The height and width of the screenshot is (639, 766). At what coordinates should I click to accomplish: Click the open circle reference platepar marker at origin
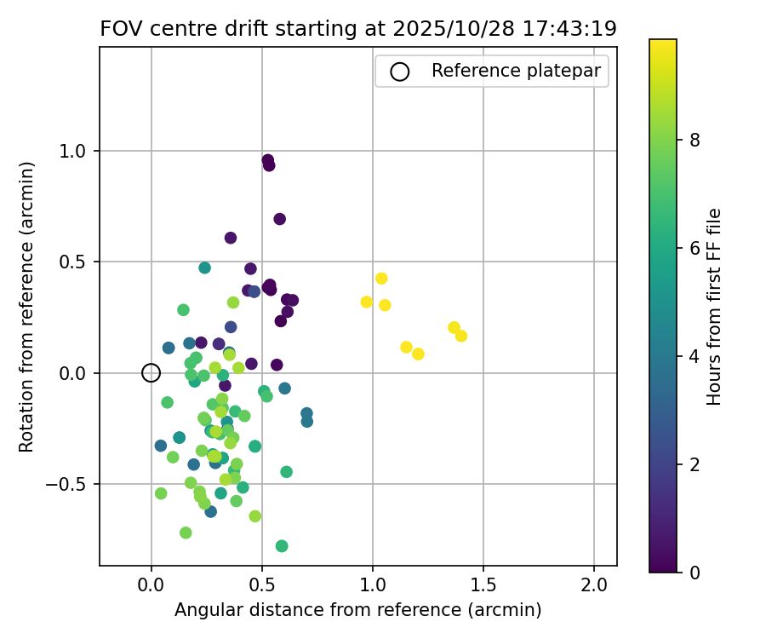pyautogui.click(x=151, y=372)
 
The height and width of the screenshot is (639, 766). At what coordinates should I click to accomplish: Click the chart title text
pyautogui.click(x=358, y=28)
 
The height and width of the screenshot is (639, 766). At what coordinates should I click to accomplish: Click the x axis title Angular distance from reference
pyautogui.click(x=358, y=610)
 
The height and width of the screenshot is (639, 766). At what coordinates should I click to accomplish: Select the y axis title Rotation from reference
pyautogui.click(x=27, y=307)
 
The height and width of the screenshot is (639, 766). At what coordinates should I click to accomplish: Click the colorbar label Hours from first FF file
pyautogui.click(x=715, y=307)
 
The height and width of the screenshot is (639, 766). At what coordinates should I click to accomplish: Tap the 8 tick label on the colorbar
pyautogui.click(x=695, y=140)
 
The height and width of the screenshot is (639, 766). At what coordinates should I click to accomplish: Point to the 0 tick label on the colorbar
pyautogui.click(x=695, y=573)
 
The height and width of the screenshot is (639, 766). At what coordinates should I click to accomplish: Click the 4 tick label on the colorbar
pyautogui.click(x=695, y=356)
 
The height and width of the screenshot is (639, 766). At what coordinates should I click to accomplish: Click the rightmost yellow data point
pyautogui.click(x=461, y=336)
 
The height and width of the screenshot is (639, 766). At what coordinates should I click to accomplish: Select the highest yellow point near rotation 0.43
pyautogui.click(x=381, y=279)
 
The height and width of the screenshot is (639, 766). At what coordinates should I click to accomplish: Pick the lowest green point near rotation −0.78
pyautogui.click(x=282, y=546)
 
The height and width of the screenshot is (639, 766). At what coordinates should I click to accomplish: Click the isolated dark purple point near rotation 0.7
pyautogui.click(x=279, y=219)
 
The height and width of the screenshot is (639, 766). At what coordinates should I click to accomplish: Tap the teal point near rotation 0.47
pyautogui.click(x=205, y=268)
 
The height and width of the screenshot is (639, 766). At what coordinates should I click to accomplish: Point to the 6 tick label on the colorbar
pyautogui.click(x=695, y=248)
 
